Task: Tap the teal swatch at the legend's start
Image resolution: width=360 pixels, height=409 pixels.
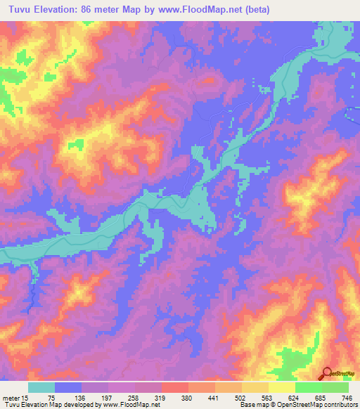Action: click(41, 387)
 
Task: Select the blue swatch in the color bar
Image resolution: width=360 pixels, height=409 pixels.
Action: click(68, 387)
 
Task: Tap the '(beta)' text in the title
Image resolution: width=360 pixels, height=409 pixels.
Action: click(261, 9)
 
